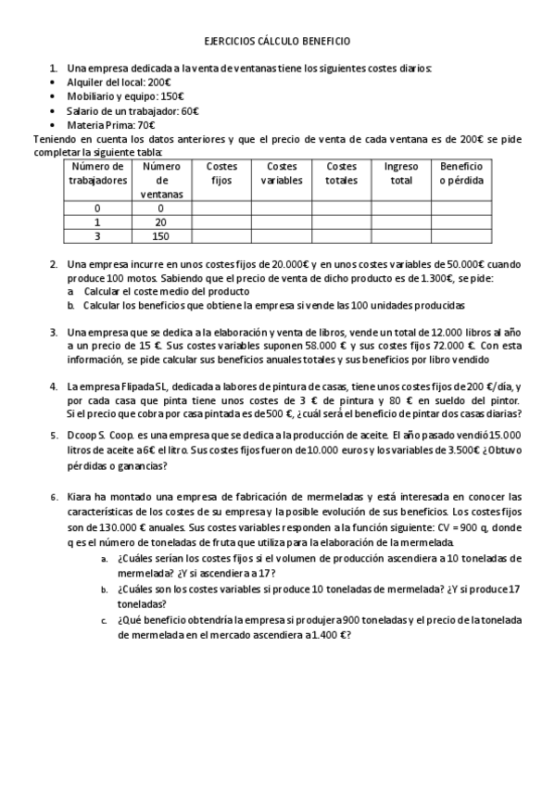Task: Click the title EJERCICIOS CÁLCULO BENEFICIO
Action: pyautogui.click(x=277, y=42)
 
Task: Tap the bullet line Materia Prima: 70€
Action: pyautogui.click(x=110, y=125)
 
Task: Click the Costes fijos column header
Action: pyautogui.click(x=222, y=173)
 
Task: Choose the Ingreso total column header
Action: pyautogui.click(x=401, y=173)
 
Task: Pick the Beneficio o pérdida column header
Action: pyautogui.click(x=460, y=173)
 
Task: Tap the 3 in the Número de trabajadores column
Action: pyautogui.click(x=97, y=236)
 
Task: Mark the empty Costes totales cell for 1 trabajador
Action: pyautogui.click(x=341, y=222)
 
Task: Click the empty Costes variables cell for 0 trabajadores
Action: pyautogui.click(x=281, y=209)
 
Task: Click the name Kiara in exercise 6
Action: pyautogui.click(x=81, y=497)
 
